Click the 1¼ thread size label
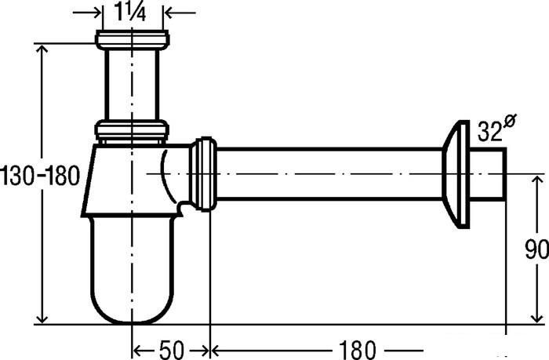(129, 13)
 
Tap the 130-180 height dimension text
(40, 176)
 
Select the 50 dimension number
(172, 350)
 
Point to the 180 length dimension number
(357, 350)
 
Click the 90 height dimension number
(537, 249)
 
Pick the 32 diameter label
(490, 131)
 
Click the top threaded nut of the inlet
(133, 39)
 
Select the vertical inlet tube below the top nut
(132, 85)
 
